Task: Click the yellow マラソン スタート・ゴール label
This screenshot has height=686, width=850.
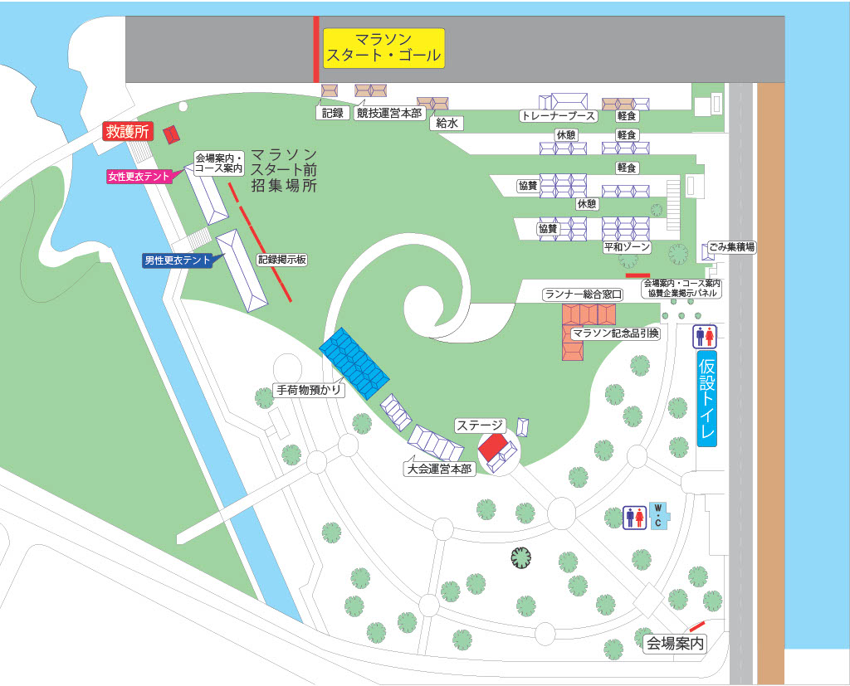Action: [384, 48]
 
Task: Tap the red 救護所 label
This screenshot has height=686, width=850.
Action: [127, 131]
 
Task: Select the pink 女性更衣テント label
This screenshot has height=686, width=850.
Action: [139, 176]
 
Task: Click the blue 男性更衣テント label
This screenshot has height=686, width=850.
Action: [178, 260]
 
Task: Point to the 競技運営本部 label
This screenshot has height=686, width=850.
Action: [389, 113]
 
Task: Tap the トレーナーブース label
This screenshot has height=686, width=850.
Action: [558, 116]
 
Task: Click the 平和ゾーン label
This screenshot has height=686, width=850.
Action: [628, 247]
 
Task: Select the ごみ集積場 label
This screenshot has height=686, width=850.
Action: [731, 247]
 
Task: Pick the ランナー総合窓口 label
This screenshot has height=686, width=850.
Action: [583, 294]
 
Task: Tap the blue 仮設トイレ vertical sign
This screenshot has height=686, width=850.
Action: [706, 398]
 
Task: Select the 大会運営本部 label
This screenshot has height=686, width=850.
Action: [439, 469]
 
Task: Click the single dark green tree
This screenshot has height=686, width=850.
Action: [521, 558]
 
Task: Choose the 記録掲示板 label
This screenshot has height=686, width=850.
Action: [282, 260]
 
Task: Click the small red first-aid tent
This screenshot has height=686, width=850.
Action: [173, 134]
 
